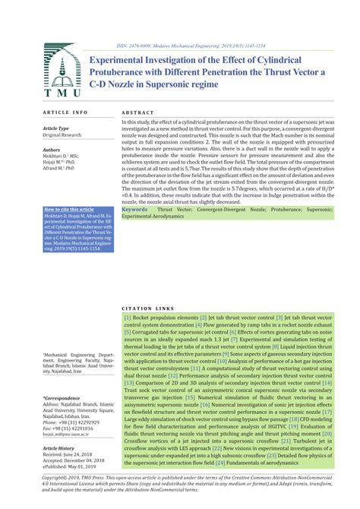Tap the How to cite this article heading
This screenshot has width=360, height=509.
point(69,209)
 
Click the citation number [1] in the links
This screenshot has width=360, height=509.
point(128,318)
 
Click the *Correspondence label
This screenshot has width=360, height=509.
point(63,397)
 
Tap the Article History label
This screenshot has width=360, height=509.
point(62,447)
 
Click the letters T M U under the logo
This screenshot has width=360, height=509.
point(58,93)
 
